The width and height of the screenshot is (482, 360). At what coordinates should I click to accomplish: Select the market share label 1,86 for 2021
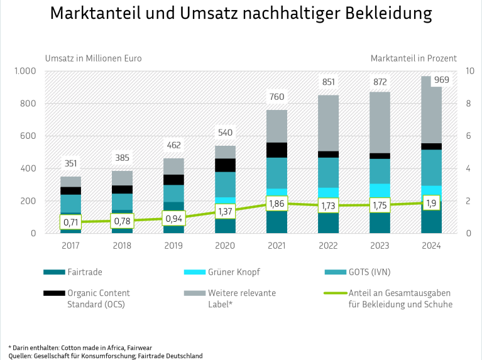277,204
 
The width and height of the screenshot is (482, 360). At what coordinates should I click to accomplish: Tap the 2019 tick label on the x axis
173,246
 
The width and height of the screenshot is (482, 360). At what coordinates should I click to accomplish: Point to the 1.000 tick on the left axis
26,71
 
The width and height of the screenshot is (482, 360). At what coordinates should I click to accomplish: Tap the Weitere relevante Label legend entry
243,298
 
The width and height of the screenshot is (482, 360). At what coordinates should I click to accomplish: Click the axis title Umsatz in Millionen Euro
93,58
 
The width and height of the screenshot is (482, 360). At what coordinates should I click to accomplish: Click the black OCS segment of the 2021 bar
277,150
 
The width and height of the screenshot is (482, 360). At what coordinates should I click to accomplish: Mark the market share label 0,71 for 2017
70,222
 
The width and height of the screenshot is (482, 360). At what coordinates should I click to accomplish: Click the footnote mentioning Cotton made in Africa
80,347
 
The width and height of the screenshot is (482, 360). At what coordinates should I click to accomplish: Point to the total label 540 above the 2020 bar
225,133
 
